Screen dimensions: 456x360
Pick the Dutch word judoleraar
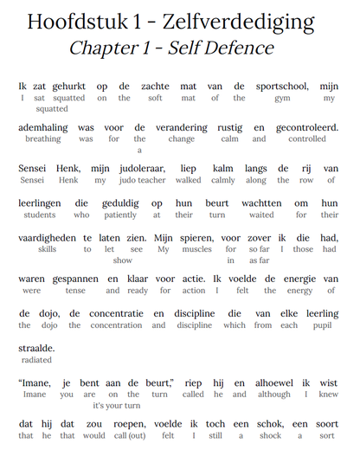click(120, 168)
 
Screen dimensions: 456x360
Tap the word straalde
click(36, 347)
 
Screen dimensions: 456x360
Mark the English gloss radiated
click(36, 359)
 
